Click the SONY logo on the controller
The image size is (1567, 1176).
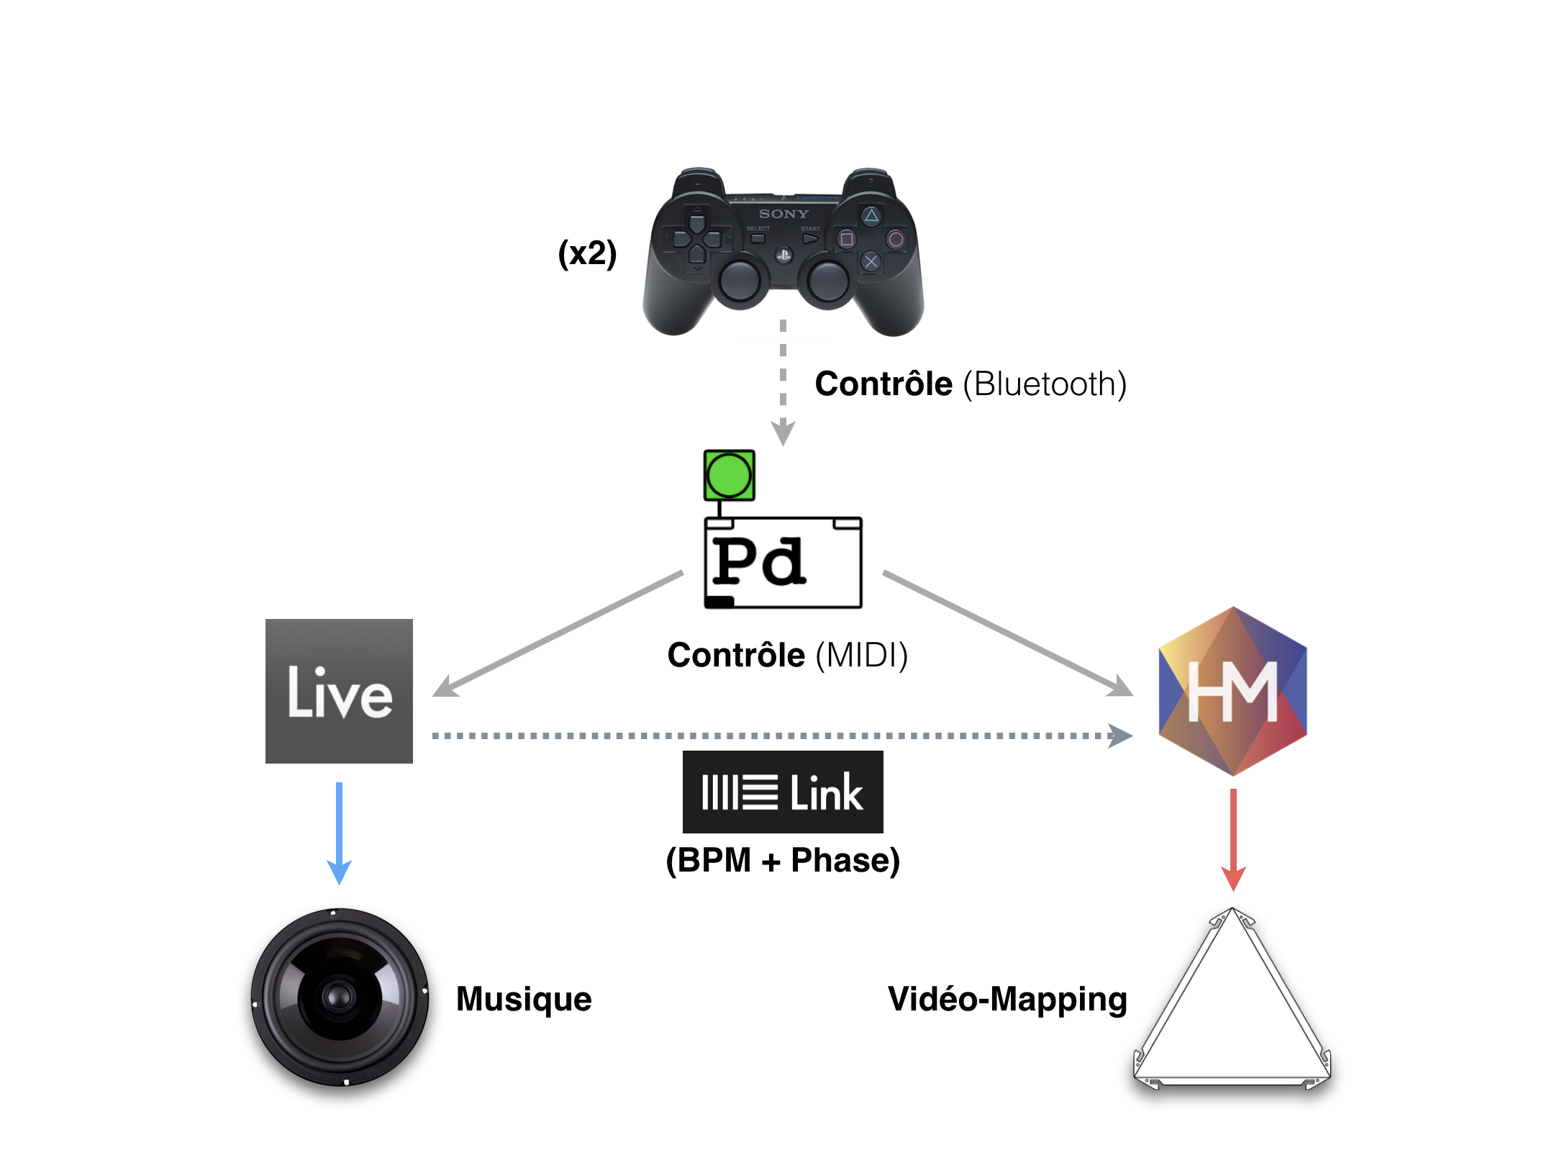(x=783, y=214)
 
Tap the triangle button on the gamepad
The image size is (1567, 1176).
(x=871, y=215)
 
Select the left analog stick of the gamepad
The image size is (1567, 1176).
(x=739, y=280)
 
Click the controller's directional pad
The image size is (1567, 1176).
(x=697, y=238)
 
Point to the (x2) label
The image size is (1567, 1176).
(x=587, y=253)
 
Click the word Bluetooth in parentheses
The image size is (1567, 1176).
(x=1045, y=384)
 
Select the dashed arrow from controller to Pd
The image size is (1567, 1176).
(x=783, y=381)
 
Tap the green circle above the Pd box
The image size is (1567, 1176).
(x=729, y=475)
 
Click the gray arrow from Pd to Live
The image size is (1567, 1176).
(x=558, y=634)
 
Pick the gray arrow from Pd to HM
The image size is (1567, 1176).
(x=1007, y=633)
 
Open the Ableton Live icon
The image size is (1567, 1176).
(x=339, y=691)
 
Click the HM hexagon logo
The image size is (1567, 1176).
(x=1232, y=691)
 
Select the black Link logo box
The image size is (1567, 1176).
(x=783, y=792)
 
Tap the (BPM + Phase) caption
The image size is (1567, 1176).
(x=783, y=861)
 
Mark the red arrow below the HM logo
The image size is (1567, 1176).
(x=1233, y=839)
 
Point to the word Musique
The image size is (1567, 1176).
(x=524, y=999)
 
